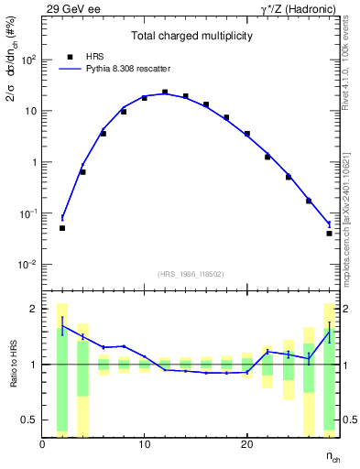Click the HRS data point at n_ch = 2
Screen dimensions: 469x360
(x=62, y=228)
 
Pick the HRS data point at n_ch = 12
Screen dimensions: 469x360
(x=165, y=92)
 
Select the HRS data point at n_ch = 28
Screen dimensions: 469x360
(x=329, y=234)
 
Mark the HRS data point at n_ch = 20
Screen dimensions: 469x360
(x=247, y=134)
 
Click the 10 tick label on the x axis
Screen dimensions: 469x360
(x=145, y=445)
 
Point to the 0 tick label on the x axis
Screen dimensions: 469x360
(x=42, y=445)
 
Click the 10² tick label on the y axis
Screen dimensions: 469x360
(x=28, y=60)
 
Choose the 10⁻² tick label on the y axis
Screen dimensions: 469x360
(x=28, y=265)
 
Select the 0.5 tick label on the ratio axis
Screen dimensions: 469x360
(x=29, y=420)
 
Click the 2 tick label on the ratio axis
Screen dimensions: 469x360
(x=33, y=309)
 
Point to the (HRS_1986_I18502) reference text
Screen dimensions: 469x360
(x=191, y=274)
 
